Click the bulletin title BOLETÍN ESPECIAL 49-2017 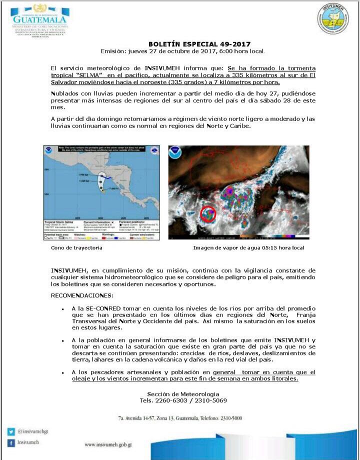point(199,44)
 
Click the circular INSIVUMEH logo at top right point(332,18)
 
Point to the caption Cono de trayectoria point(76,248)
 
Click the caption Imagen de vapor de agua point(248,248)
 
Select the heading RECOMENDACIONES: point(82,295)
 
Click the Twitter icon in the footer point(11,431)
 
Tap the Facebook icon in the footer point(11,443)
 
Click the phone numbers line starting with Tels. point(183,400)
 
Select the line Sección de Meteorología point(183,394)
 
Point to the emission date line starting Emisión point(182,51)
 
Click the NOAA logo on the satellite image point(175,152)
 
